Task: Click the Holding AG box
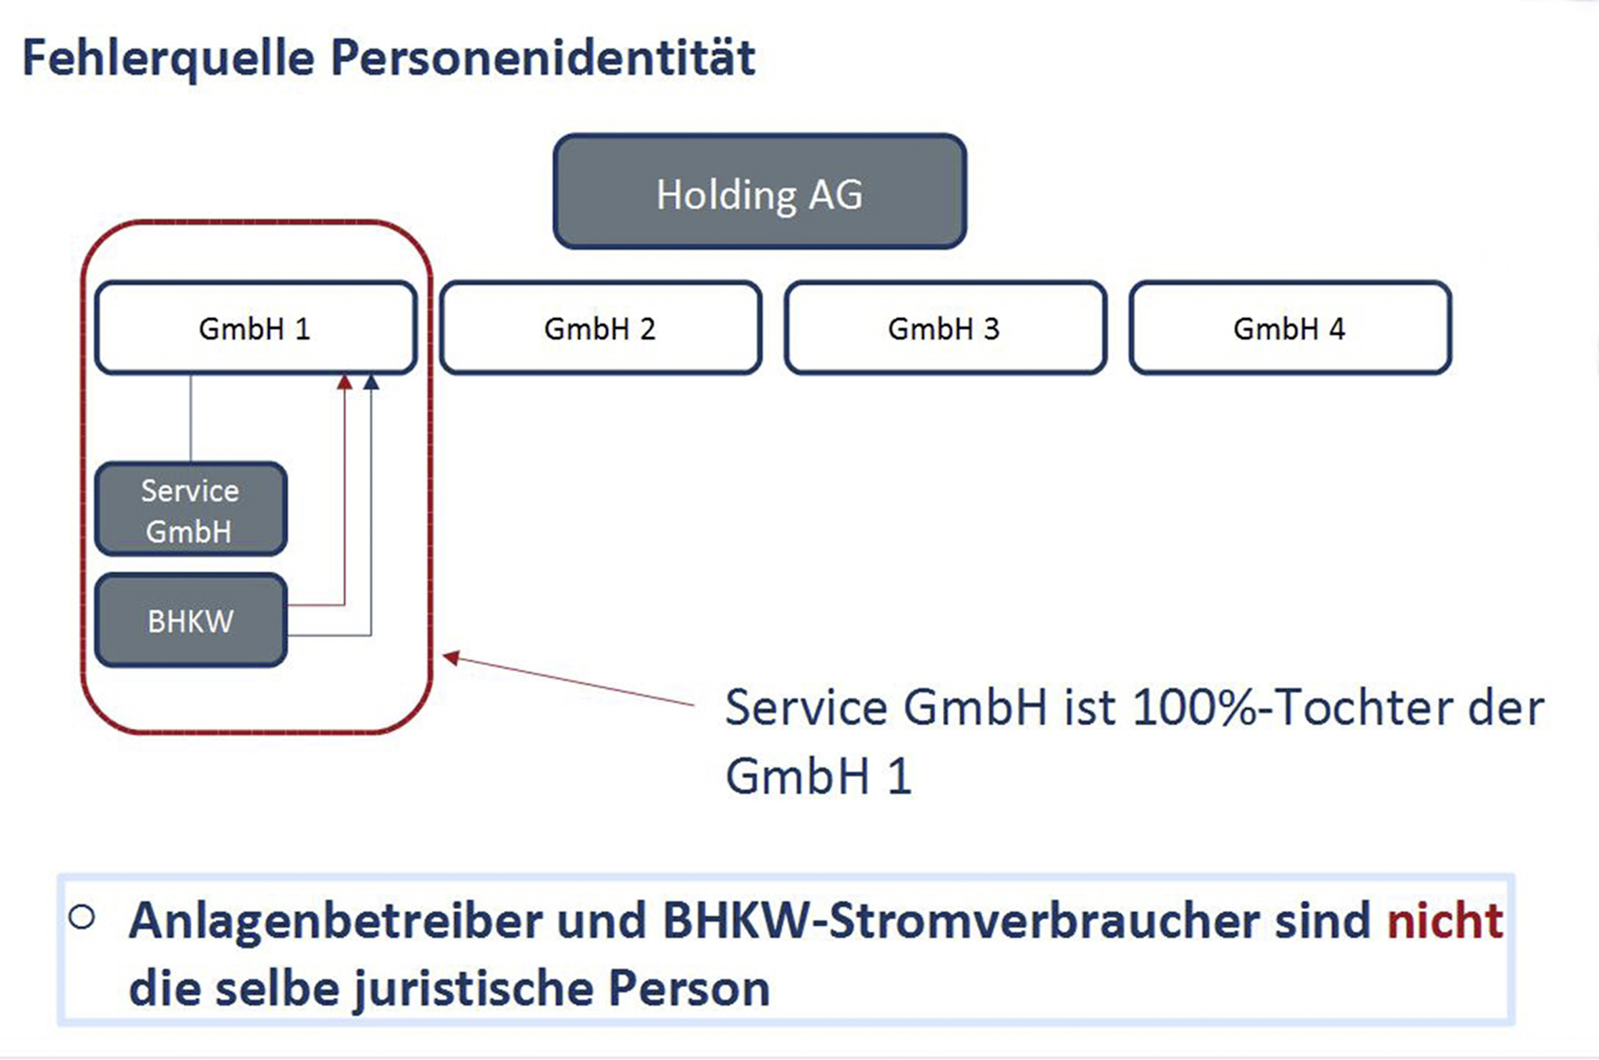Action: [760, 192]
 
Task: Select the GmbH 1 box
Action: [256, 328]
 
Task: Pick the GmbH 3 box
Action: [946, 328]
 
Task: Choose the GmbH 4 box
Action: [1290, 328]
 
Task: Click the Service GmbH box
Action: [191, 509]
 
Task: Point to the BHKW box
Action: [191, 620]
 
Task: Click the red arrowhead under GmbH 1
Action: [345, 382]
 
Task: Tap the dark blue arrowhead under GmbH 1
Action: [371, 382]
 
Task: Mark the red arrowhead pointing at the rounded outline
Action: [451, 657]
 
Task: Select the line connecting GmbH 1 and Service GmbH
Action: [190, 418]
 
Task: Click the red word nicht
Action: [1445, 921]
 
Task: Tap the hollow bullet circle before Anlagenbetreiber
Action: [82, 917]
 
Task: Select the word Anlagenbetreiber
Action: [336, 922]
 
